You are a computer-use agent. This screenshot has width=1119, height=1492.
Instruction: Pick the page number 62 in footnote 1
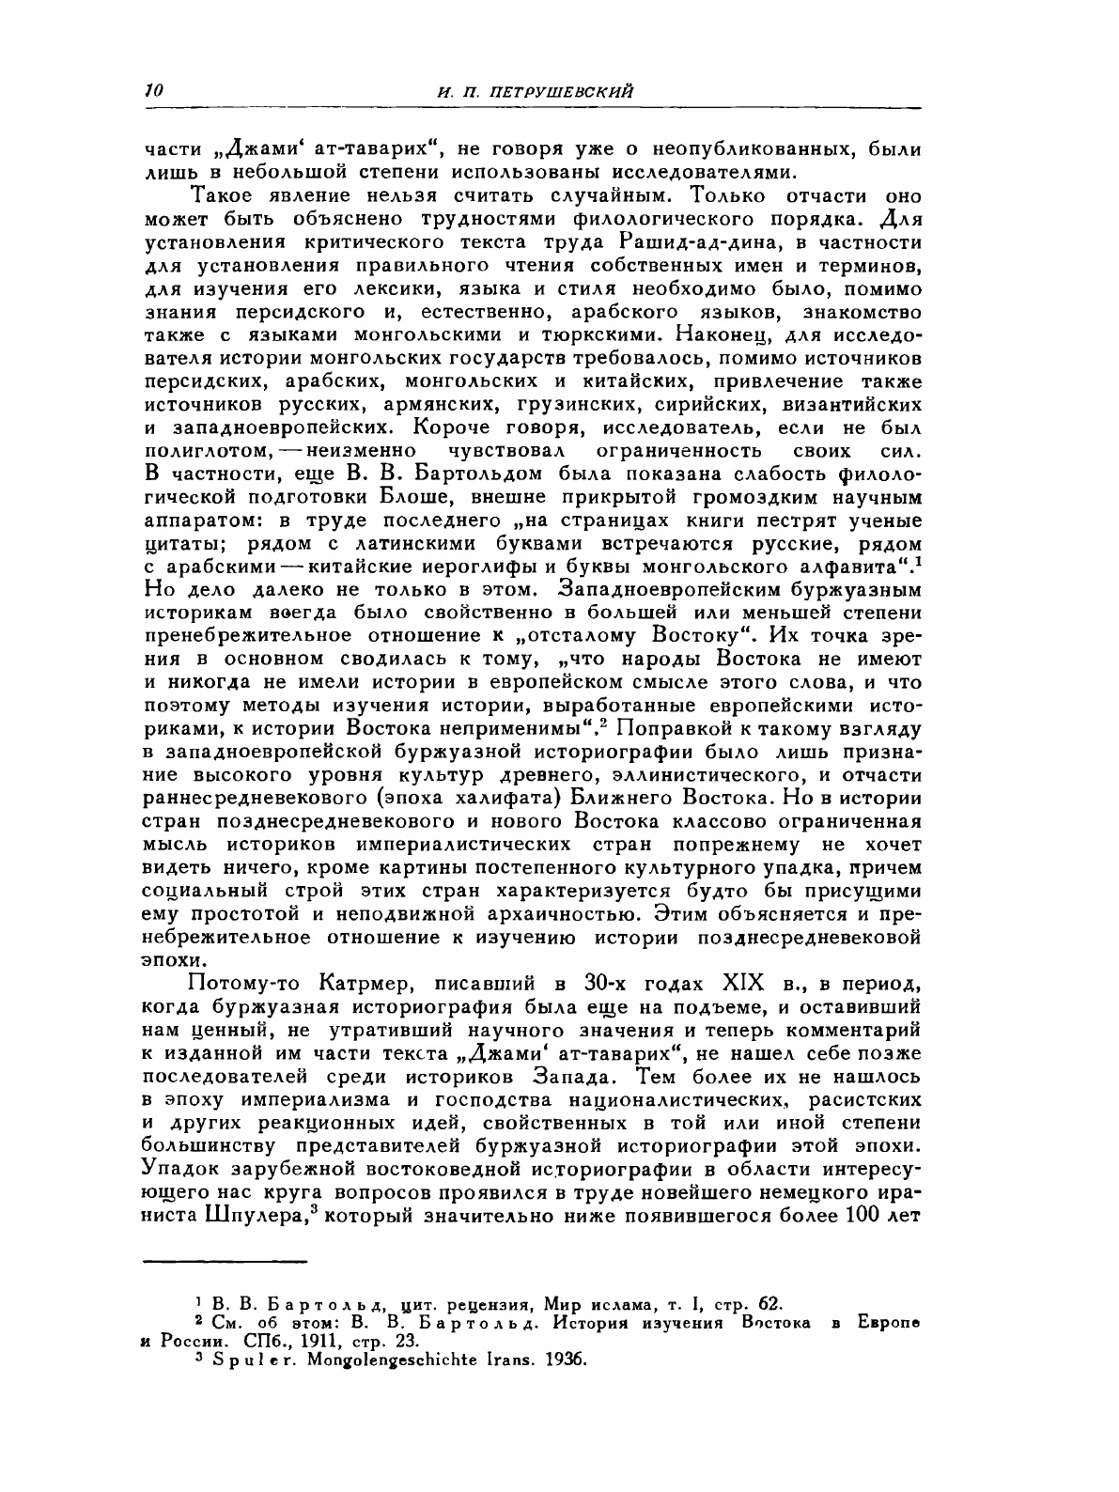tap(769, 1304)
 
